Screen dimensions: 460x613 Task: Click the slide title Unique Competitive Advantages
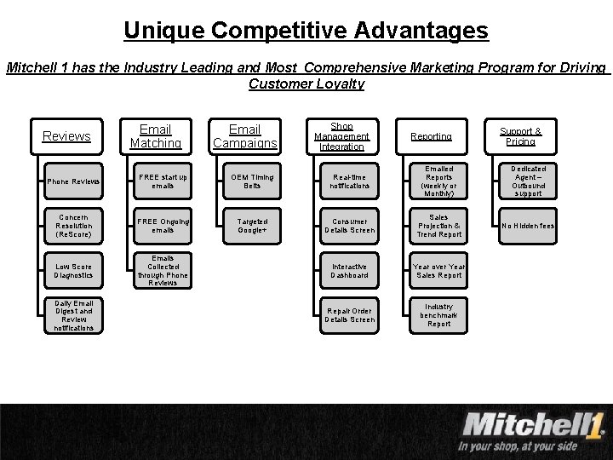[x=306, y=31]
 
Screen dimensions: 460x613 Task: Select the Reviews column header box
[x=66, y=136]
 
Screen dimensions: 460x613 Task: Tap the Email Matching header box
[x=156, y=136]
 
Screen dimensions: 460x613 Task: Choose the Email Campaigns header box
[x=245, y=136]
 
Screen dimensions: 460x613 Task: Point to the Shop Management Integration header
[x=342, y=136]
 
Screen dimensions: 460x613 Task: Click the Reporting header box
[x=432, y=136]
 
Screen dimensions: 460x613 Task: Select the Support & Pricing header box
[x=520, y=136]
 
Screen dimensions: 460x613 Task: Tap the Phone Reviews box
[x=73, y=181]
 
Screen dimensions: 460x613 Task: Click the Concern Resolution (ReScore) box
[x=73, y=226]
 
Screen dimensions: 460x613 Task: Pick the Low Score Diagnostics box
[x=73, y=271]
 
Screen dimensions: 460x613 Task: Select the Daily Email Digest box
[x=73, y=315]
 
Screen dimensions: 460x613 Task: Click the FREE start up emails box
[x=163, y=181]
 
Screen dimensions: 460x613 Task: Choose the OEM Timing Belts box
[x=252, y=181]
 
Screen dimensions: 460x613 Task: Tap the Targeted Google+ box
[x=252, y=226]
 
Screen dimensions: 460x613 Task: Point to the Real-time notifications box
[x=349, y=181]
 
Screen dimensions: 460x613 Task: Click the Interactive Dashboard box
[x=349, y=271]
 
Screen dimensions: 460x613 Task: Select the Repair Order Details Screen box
[x=349, y=315]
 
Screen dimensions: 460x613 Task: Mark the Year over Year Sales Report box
[x=438, y=271]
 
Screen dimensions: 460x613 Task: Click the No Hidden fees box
[x=528, y=226]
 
